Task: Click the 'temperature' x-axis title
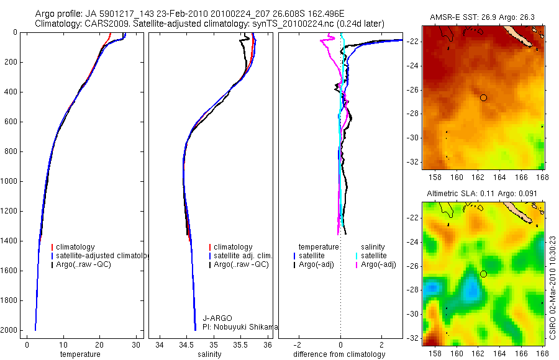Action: tap(80, 354)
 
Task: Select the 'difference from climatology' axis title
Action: tap(340, 354)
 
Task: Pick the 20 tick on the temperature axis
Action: tap(100, 345)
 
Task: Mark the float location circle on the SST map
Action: tap(483, 97)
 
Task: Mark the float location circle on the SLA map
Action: tap(483, 274)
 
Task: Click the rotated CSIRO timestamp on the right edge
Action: tap(552, 285)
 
